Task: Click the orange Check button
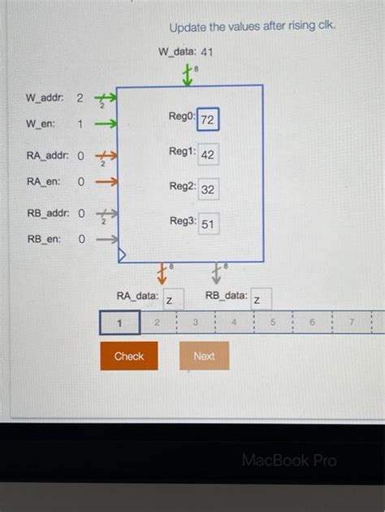pyautogui.click(x=129, y=356)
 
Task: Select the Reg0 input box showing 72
pyautogui.click(x=207, y=120)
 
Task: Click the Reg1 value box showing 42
pyautogui.click(x=208, y=154)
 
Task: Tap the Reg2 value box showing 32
pyautogui.click(x=208, y=189)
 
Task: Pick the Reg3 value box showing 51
pyautogui.click(x=208, y=223)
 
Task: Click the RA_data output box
pyautogui.click(x=172, y=300)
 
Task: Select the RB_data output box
pyautogui.click(x=261, y=300)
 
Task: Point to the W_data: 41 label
pyautogui.click(x=186, y=52)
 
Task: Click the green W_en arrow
pyautogui.click(x=106, y=124)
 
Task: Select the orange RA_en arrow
pyautogui.click(x=106, y=181)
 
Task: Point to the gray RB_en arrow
pyautogui.click(x=106, y=240)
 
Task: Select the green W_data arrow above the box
pyautogui.click(x=188, y=76)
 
